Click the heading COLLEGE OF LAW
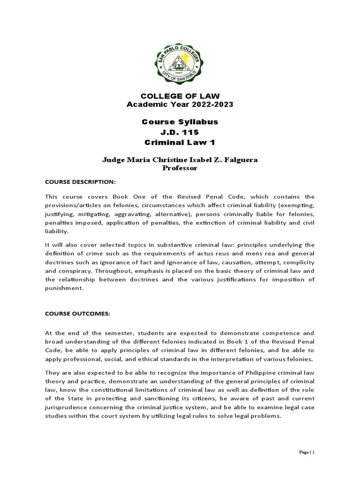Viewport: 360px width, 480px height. pos(180,96)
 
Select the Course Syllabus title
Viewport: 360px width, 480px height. pos(180,122)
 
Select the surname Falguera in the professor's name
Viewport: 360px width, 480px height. pos(239,160)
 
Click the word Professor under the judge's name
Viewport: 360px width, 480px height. pos(180,168)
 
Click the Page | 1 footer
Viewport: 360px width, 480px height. pos(307,452)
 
